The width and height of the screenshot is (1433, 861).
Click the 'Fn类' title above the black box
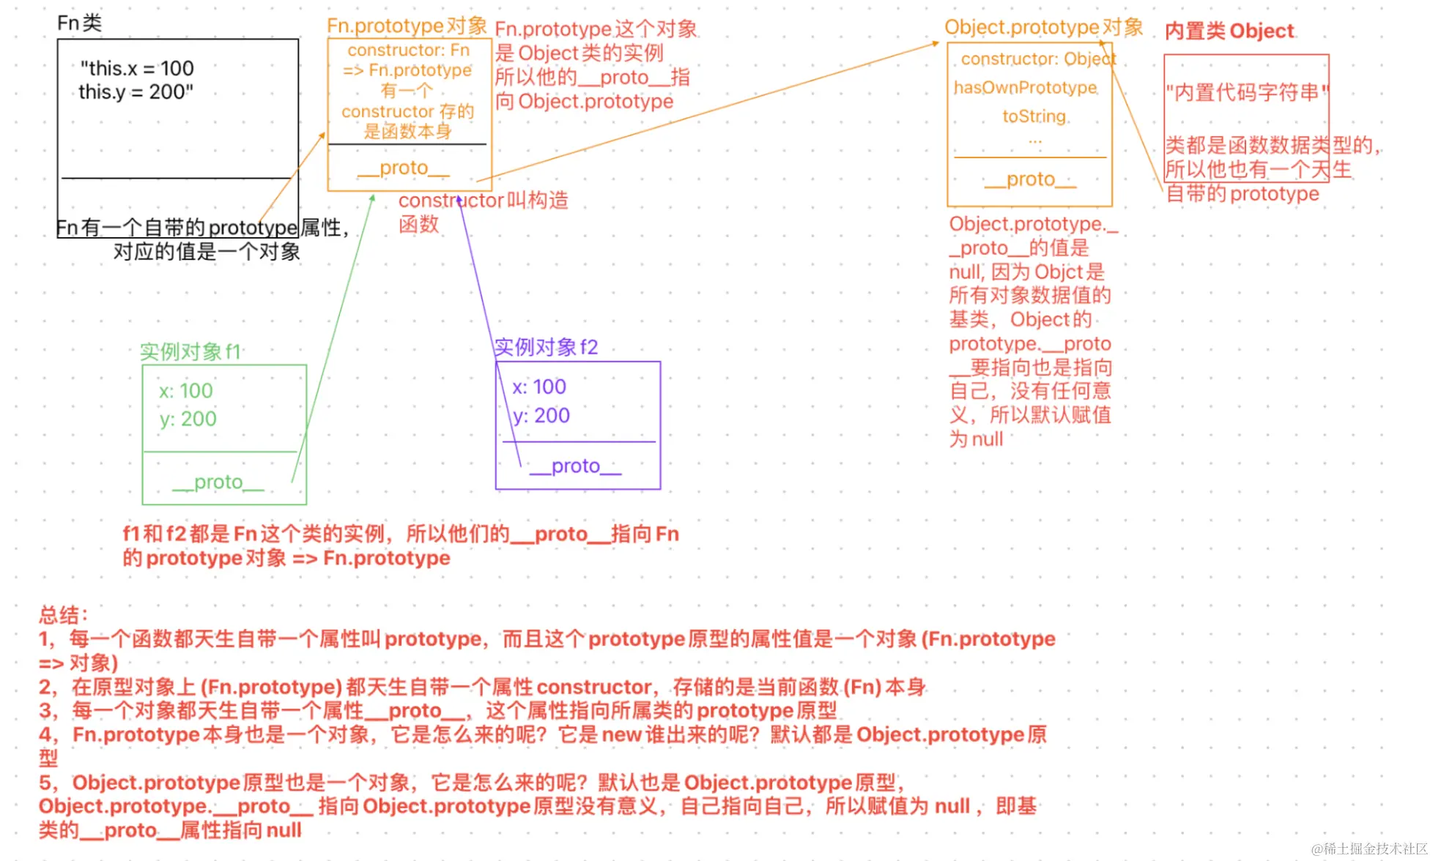pyautogui.click(x=79, y=23)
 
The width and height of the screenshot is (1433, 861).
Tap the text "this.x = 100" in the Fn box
pyautogui.click(x=137, y=69)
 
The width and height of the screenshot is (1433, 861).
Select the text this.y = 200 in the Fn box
pyautogui.click(x=136, y=92)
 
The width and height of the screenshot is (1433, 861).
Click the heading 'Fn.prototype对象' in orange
pyautogui.click(x=407, y=26)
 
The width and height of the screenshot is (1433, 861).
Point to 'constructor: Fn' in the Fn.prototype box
pyautogui.click(x=408, y=51)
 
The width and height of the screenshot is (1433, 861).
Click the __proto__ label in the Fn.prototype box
pyautogui.click(x=404, y=168)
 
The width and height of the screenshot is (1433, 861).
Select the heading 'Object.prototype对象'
pyautogui.click(x=1043, y=28)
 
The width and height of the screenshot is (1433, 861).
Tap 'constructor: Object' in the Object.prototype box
pyautogui.click(x=1038, y=59)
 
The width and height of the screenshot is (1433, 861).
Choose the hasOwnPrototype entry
pyautogui.click(x=1025, y=88)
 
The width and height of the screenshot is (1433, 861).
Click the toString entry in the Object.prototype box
pyautogui.click(x=1034, y=116)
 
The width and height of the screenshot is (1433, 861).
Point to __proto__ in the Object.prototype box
pyautogui.click(x=1030, y=180)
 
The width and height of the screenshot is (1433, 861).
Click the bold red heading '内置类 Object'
pyautogui.click(x=1229, y=31)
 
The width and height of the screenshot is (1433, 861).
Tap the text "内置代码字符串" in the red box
pyautogui.click(x=1246, y=93)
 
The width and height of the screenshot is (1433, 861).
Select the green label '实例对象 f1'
pyautogui.click(x=190, y=352)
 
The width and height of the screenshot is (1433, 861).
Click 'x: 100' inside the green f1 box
pyautogui.click(x=186, y=391)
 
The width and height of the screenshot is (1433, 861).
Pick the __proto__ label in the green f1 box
pyautogui.click(x=218, y=482)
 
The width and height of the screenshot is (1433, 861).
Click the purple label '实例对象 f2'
pyautogui.click(x=546, y=347)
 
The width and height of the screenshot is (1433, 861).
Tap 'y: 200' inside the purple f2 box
pyautogui.click(x=541, y=416)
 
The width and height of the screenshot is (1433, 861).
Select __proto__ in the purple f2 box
pyautogui.click(x=575, y=466)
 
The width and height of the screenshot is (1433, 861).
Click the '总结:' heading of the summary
pyautogui.click(x=64, y=615)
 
